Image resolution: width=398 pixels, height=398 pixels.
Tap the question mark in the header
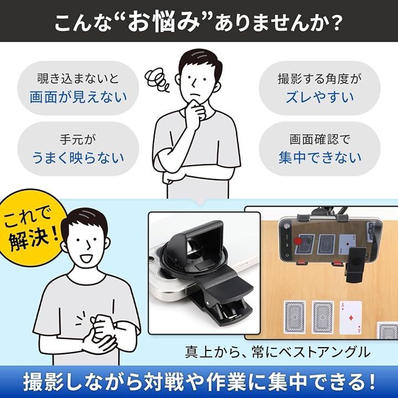click(x=334, y=23)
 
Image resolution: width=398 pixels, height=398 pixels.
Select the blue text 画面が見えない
click(x=78, y=97)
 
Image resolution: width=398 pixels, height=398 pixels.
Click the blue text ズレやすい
click(x=320, y=97)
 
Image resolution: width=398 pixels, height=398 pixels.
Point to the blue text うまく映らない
click(x=78, y=158)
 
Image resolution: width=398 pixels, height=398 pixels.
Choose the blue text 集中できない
click(x=320, y=158)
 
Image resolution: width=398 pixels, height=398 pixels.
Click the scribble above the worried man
click(x=156, y=78)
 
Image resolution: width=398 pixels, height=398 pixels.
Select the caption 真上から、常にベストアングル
click(x=277, y=352)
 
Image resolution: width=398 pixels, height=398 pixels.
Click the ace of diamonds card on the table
click(x=351, y=317)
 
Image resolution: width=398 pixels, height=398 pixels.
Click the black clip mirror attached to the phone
click(x=355, y=265)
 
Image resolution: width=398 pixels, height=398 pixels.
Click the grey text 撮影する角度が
click(x=320, y=78)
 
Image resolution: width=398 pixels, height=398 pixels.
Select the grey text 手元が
click(x=78, y=139)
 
